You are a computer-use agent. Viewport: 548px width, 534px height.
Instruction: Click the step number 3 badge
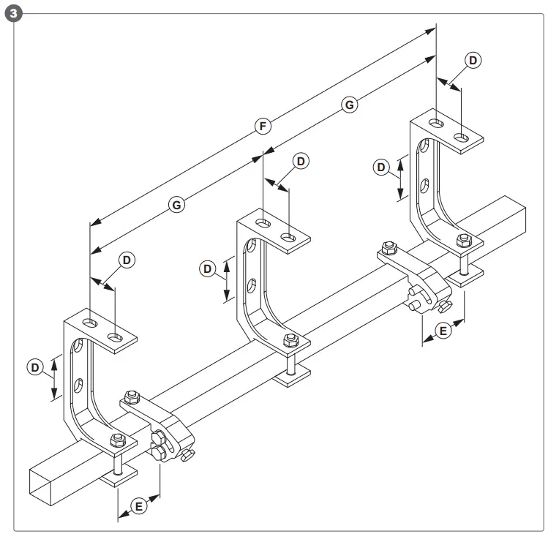tap(12, 13)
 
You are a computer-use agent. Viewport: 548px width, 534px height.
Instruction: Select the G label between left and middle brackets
tap(176, 206)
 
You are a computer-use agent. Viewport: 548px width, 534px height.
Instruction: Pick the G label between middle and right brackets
tap(350, 105)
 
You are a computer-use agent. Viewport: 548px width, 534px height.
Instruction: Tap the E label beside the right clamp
tap(443, 331)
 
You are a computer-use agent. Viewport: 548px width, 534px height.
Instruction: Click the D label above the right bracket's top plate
tap(474, 60)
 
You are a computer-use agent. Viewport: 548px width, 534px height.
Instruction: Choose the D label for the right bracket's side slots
tap(380, 168)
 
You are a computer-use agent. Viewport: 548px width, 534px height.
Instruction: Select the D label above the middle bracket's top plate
tap(300, 161)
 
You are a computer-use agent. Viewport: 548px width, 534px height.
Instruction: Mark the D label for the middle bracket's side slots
tap(208, 269)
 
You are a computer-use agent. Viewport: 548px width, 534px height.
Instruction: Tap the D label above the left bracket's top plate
tap(127, 260)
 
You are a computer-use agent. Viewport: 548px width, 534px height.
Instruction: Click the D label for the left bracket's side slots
tap(35, 367)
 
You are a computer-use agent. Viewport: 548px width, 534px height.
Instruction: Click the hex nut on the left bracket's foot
tap(116, 440)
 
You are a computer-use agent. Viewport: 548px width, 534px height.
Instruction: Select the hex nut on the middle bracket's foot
tap(290, 340)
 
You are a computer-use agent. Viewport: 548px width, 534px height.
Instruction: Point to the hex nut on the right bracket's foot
tap(462, 240)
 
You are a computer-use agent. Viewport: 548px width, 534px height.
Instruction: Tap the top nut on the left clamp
tap(132, 397)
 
